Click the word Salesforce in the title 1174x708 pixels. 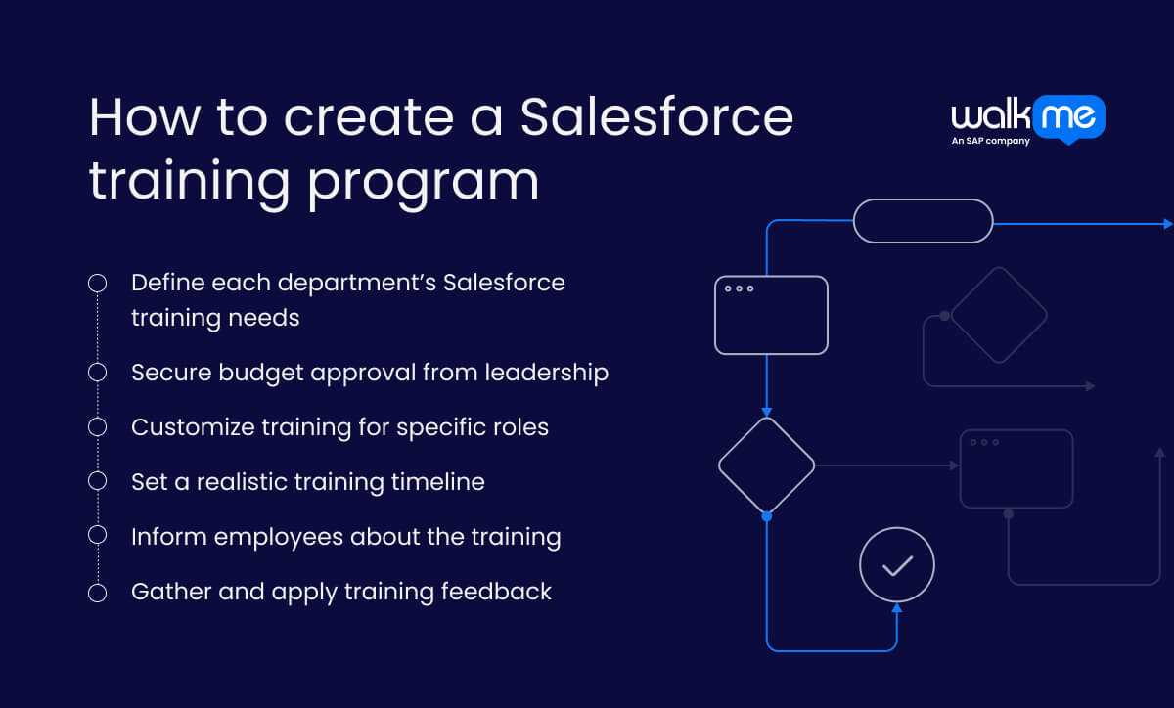click(x=656, y=117)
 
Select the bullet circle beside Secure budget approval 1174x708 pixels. click(x=97, y=373)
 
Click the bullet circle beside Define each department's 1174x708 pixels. click(x=97, y=284)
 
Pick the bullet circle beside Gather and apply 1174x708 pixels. click(x=97, y=593)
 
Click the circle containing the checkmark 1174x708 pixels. click(x=897, y=565)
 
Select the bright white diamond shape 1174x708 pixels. click(x=766, y=465)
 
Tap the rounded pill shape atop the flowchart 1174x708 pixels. click(x=924, y=221)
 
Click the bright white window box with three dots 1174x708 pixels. click(x=771, y=315)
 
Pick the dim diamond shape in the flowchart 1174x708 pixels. click(x=998, y=315)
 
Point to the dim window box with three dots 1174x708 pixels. click(x=1016, y=468)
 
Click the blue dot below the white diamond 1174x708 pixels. click(x=766, y=515)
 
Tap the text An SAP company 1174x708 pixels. click(x=990, y=142)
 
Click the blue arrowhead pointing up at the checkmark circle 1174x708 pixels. click(x=897, y=609)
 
